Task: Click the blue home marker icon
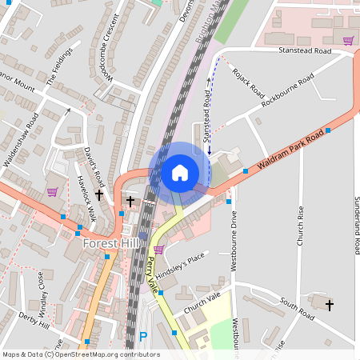[180, 172]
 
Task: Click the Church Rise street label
[301, 226]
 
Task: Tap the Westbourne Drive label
[234, 240]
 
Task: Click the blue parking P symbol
[143, 337]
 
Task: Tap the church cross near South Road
[328, 304]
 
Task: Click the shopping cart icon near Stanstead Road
[348, 41]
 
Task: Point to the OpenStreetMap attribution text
[81, 354]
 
